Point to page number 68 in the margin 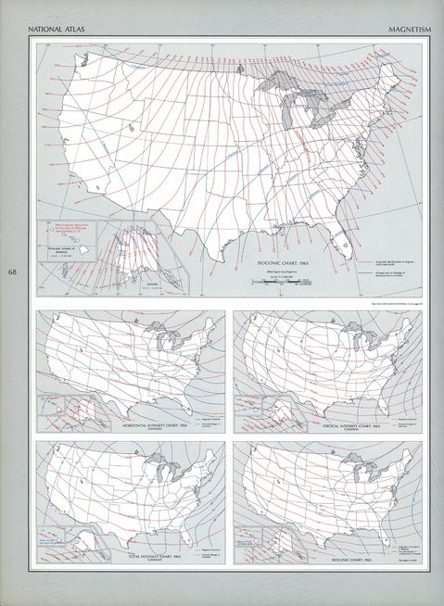(x=12, y=272)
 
